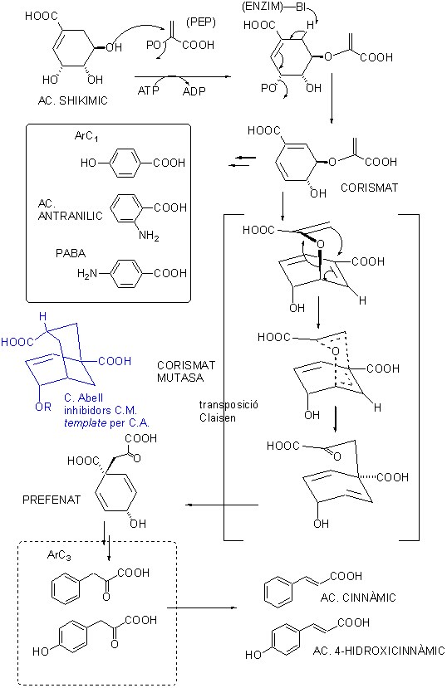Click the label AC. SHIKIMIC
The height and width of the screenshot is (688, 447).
click(x=73, y=101)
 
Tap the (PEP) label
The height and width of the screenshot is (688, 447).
click(x=201, y=22)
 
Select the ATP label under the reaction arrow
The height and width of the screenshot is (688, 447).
click(x=149, y=90)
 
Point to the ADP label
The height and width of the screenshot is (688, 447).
click(x=194, y=91)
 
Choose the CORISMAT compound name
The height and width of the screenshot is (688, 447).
click(x=369, y=188)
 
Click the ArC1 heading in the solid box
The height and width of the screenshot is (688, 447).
click(x=86, y=136)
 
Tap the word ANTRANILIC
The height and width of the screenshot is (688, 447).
click(x=71, y=216)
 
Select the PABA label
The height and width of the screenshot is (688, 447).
click(x=71, y=253)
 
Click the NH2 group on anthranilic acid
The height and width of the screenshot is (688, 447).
click(x=149, y=236)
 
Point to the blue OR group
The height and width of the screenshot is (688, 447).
click(x=43, y=407)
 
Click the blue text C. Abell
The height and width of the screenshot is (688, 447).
click(x=83, y=398)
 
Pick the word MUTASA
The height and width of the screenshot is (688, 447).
click(x=180, y=378)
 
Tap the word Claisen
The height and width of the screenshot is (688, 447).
click(x=218, y=417)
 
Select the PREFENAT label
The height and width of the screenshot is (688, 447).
click(x=52, y=500)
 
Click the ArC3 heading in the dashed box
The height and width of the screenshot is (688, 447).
click(x=59, y=555)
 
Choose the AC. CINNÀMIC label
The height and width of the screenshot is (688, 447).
click(x=358, y=598)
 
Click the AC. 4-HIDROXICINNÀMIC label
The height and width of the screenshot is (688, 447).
click(x=379, y=651)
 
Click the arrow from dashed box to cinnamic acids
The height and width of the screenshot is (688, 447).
click(x=202, y=607)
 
